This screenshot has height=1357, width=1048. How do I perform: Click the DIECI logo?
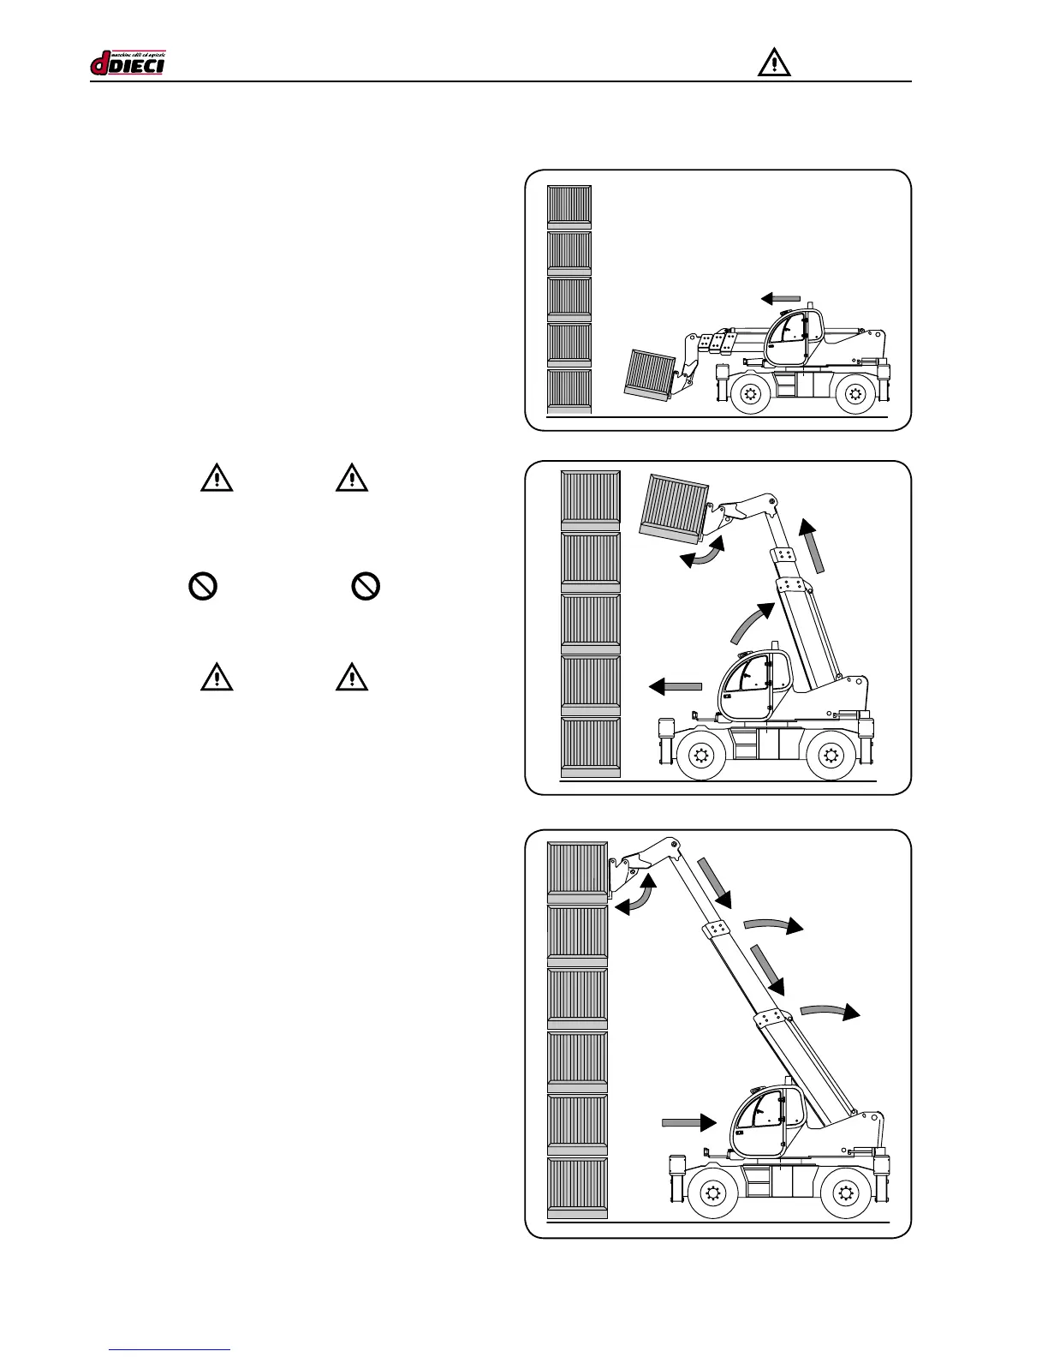pos(128,63)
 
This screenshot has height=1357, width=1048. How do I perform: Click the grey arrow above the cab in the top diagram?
pos(781,298)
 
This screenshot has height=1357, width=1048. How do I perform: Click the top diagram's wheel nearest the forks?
pos(750,394)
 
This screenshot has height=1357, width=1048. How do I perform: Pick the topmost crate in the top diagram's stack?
pos(569,206)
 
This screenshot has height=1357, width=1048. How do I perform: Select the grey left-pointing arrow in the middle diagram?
pos(676,685)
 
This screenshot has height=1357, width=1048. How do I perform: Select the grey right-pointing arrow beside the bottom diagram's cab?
pos(689,1122)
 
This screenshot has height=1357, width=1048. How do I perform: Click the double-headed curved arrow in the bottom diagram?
pos(634,894)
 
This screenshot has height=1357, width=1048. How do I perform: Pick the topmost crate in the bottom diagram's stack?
pos(577,872)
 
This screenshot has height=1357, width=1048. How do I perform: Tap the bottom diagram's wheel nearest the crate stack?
pos(712,1193)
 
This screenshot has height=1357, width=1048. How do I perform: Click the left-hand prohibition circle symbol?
pos(202,587)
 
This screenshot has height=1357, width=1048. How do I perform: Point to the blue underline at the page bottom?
pos(170,1349)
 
